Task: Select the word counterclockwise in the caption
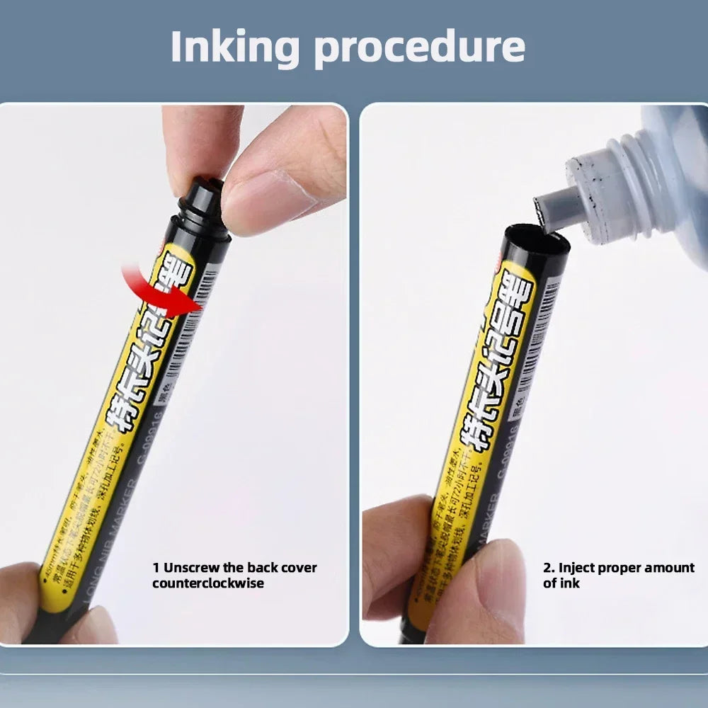coord(208,583)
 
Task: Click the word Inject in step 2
coord(576,568)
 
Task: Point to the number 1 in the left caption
coord(156,568)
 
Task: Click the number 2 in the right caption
coord(547,568)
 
